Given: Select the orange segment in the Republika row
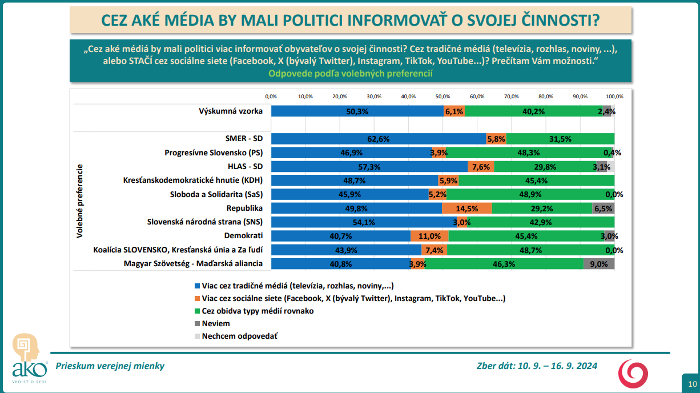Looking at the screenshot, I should pyautogui.click(x=466, y=208).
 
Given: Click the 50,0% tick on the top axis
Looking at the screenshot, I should pyautogui.click(x=443, y=96).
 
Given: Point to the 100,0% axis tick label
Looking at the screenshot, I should pyautogui.click(x=614, y=96).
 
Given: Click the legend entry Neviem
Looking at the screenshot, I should pyautogui.click(x=215, y=323).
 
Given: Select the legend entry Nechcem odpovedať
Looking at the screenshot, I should pyautogui.click(x=239, y=336).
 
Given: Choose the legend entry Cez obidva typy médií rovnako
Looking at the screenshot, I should pyautogui.click(x=258, y=311).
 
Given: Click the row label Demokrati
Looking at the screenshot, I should pyautogui.click(x=244, y=235).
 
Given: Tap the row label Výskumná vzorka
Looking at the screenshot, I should pyautogui.click(x=231, y=111).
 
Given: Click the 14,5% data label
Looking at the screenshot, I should pyautogui.click(x=467, y=208).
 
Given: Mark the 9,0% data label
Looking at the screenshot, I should pyautogui.click(x=598, y=264).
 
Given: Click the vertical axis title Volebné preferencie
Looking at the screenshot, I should pyautogui.click(x=80, y=200).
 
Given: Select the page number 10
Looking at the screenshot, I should pyautogui.click(x=692, y=383).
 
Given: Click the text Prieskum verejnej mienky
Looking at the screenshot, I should pyautogui.click(x=110, y=366).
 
